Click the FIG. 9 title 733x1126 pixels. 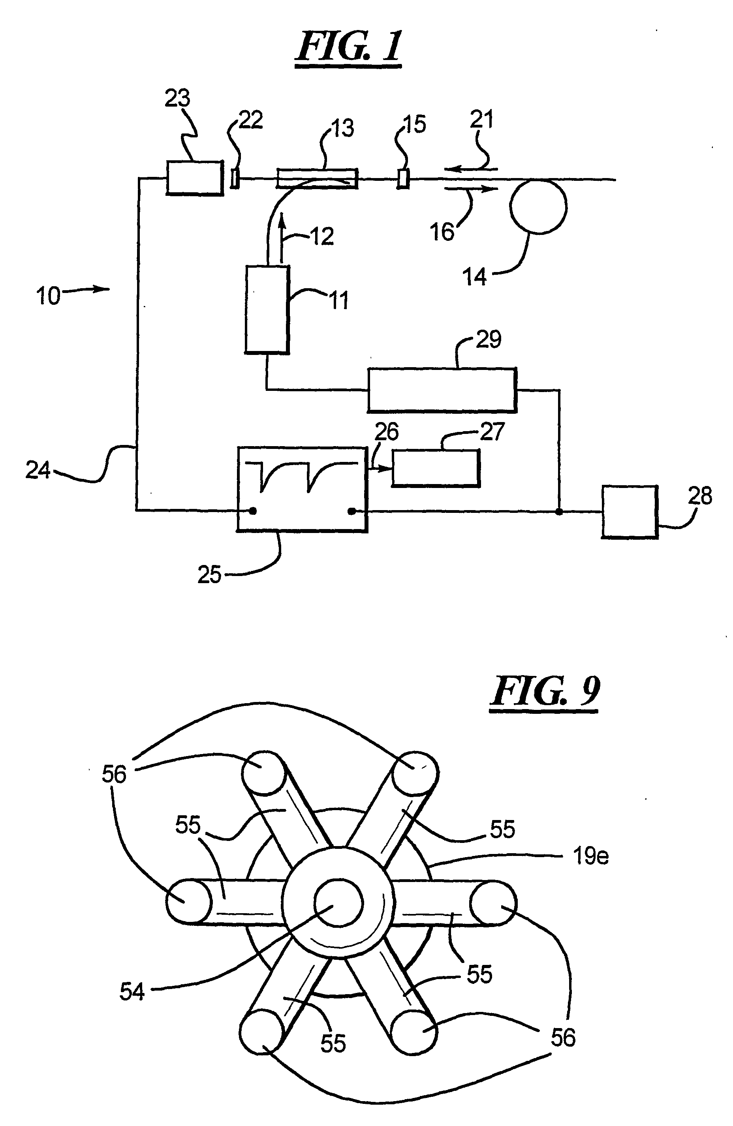click(x=545, y=692)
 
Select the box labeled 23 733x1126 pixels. click(x=194, y=178)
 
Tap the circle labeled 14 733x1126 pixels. click(x=538, y=207)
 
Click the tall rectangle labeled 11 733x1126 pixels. click(x=267, y=310)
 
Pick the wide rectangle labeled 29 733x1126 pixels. click(x=442, y=389)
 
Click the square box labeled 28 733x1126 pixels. click(x=630, y=512)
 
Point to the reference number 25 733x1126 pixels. click(x=210, y=575)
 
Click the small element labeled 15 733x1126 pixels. click(x=403, y=179)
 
